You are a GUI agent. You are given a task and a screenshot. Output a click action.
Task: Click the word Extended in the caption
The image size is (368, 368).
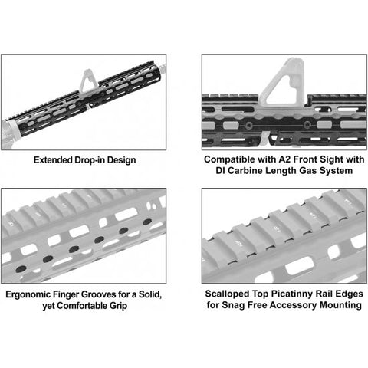[x=53, y=160]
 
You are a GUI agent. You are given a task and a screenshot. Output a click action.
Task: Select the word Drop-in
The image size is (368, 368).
[x=90, y=160]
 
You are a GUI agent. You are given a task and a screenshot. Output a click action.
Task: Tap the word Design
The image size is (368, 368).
[x=121, y=161]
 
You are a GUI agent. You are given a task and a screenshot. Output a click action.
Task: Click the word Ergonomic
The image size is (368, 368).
[x=28, y=295]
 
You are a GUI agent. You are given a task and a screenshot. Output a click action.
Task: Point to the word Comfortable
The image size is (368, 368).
[x=82, y=306]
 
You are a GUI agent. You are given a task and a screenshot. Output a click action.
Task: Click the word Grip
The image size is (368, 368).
[x=118, y=306]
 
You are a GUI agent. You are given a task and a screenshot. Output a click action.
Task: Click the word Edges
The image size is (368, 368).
[x=350, y=294]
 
